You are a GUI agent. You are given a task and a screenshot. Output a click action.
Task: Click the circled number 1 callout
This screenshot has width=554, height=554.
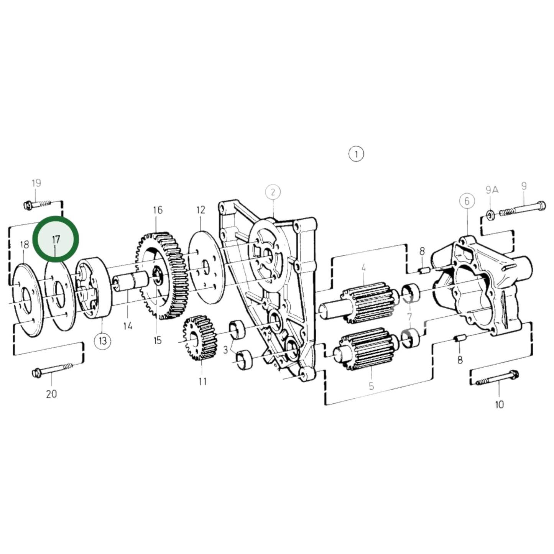(x=356, y=154)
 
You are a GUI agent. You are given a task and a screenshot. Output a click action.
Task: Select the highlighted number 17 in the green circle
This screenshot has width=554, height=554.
(x=56, y=240)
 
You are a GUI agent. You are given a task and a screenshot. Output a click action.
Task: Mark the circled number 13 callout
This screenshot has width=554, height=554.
(x=103, y=341)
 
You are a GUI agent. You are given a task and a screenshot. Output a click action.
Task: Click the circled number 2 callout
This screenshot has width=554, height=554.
(x=273, y=192)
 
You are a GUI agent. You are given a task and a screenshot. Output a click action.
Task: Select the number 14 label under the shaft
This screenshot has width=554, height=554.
(x=128, y=326)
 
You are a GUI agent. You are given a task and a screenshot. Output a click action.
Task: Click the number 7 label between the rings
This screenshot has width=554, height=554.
(x=409, y=317)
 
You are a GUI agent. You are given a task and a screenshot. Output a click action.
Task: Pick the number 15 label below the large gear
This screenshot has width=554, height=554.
(x=158, y=340)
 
